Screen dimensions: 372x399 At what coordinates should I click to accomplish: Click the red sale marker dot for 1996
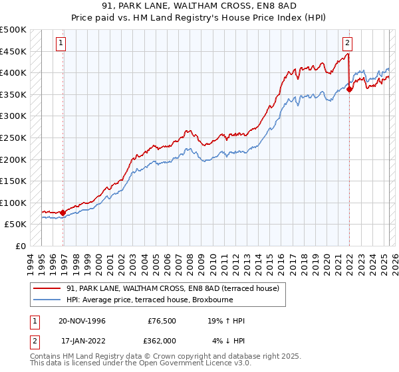(x=63, y=213)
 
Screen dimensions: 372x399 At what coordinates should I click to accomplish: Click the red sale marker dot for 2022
(x=349, y=89)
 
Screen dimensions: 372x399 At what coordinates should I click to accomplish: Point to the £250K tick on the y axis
(x=13, y=138)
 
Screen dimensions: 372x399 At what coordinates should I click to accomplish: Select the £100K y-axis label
(x=13, y=203)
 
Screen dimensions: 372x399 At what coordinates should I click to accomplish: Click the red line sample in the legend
(x=47, y=288)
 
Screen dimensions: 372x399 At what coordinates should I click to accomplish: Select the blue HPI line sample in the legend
(x=47, y=300)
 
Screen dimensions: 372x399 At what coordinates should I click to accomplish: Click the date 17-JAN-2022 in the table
(x=81, y=340)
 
